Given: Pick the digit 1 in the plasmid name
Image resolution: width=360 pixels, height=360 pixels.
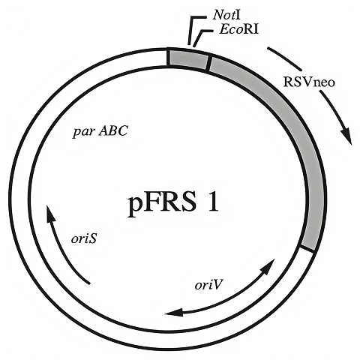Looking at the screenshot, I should (x=211, y=202).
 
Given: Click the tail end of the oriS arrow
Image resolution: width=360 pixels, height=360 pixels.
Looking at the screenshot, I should (x=90, y=282).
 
